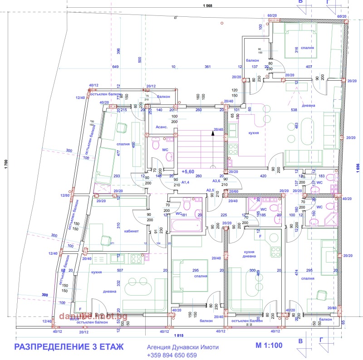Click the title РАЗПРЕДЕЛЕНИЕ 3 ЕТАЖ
pyautogui.click(x=69, y=347)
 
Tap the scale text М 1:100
pyautogui.click(x=269, y=345)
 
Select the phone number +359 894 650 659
pyautogui.click(x=172, y=355)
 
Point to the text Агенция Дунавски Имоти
pyautogui.click(x=182, y=347)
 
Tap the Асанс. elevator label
pyautogui.click(x=162, y=127)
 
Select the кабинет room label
pyautogui.click(x=131, y=231)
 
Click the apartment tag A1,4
pyautogui.click(x=185, y=182)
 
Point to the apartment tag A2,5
pyautogui.click(x=210, y=190)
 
